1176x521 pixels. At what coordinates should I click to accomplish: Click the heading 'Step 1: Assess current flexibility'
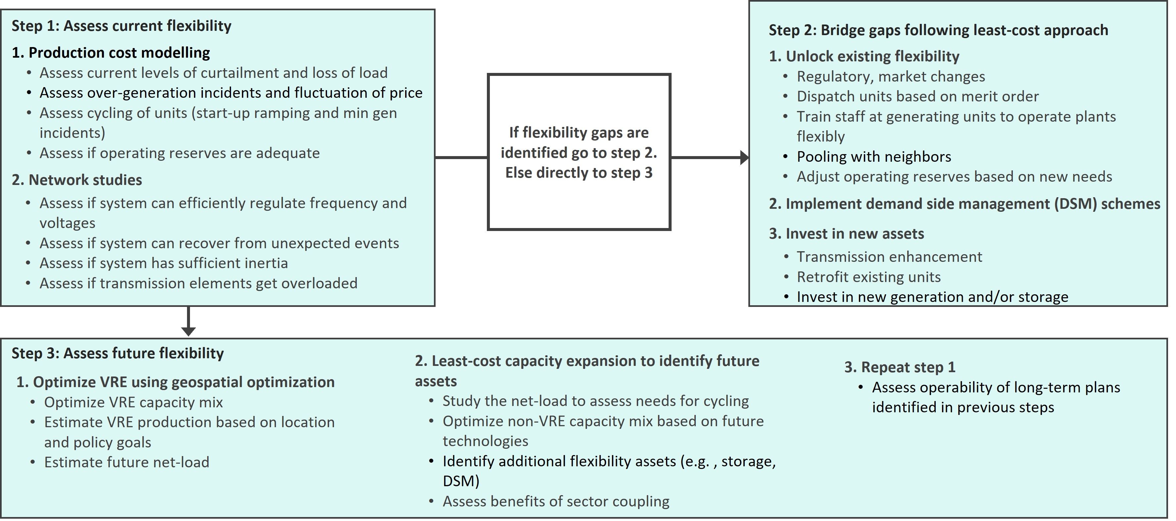click(x=121, y=26)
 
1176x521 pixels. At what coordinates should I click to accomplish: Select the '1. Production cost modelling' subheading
click(x=111, y=53)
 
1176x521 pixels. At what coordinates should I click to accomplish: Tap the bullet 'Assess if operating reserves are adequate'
click(x=179, y=153)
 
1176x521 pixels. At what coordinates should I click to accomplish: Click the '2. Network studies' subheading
click(x=77, y=180)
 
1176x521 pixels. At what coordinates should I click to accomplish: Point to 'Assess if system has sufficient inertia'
click(x=164, y=263)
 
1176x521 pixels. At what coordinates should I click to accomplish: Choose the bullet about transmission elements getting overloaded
click(x=198, y=283)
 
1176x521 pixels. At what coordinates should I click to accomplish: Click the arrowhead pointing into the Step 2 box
click(x=744, y=158)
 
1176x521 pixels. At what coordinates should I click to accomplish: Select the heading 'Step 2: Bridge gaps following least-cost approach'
click(x=938, y=30)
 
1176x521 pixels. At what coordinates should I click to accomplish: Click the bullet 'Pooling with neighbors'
click(x=874, y=157)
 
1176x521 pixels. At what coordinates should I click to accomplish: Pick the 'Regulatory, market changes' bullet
click(x=891, y=76)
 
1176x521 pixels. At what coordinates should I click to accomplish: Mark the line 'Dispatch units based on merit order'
click(x=917, y=96)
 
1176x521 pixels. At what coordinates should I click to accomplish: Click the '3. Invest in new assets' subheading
click(x=846, y=234)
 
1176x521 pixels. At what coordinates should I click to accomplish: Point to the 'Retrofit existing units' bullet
click(x=868, y=277)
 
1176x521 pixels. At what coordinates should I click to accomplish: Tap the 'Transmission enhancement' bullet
click(x=889, y=257)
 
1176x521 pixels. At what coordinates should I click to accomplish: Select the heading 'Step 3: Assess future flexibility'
click(x=118, y=353)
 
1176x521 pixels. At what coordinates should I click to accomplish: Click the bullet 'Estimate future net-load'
click(x=126, y=462)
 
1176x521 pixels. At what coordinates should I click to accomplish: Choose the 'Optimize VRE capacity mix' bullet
click(x=133, y=402)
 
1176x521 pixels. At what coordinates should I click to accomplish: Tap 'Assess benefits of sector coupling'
click(x=556, y=501)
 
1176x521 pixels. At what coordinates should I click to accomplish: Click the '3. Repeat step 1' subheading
click(x=899, y=368)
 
